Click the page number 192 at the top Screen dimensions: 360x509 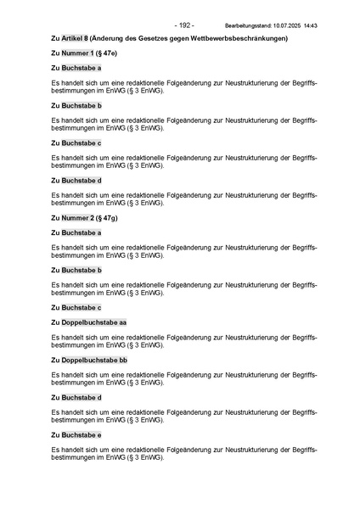pos(184,25)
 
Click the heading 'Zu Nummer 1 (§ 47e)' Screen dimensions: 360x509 pos(84,53)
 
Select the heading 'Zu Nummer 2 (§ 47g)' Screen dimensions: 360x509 pos(84,218)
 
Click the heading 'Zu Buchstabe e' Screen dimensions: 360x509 pos(76,434)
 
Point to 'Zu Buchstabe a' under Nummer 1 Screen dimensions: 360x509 pos(76,67)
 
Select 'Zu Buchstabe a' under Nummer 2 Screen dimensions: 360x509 pos(76,232)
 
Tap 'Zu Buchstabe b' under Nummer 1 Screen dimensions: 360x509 pos(76,105)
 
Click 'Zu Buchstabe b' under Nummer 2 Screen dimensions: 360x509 pos(76,270)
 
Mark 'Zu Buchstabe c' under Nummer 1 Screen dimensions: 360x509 pos(76,143)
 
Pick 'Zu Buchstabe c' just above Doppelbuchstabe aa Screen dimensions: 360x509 pos(76,307)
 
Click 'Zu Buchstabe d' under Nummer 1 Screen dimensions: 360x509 pos(76,180)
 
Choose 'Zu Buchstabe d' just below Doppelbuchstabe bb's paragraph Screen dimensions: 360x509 pos(76,397)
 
